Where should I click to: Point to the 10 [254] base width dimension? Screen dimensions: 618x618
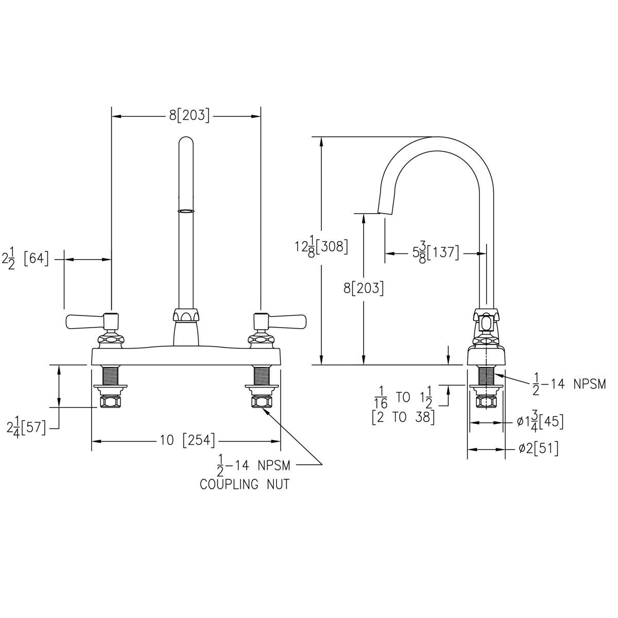click(x=187, y=441)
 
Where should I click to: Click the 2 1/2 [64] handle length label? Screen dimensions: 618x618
click(x=26, y=260)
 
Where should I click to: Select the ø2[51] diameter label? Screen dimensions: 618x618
click(x=538, y=449)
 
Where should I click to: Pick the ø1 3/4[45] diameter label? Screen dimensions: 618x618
click(x=540, y=422)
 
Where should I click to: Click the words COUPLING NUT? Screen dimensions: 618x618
click(x=244, y=485)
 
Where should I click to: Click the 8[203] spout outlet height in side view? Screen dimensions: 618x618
click(x=364, y=288)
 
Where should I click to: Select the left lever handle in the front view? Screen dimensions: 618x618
click(x=85, y=322)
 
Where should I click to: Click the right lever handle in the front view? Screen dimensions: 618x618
click(x=287, y=322)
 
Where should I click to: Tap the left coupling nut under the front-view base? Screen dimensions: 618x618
click(x=109, y=400)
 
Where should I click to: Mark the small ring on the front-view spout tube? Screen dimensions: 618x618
click(x=185, y=211)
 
